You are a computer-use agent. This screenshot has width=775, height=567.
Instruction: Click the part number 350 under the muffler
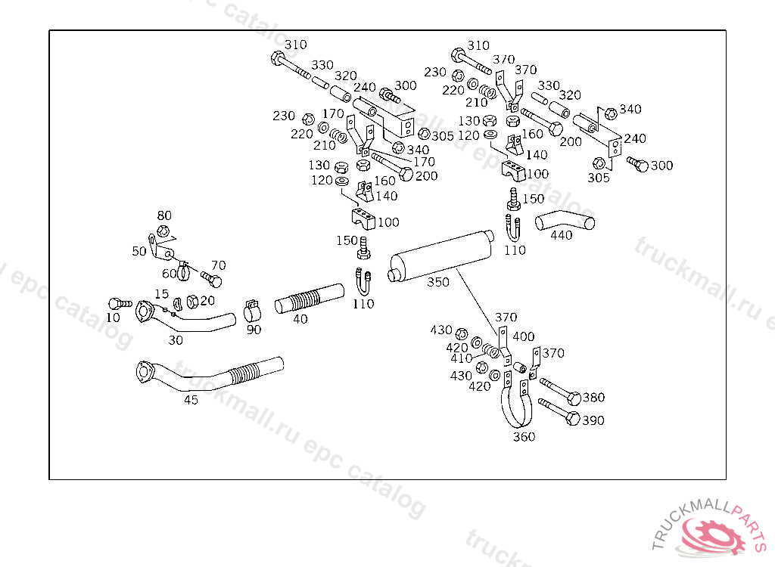pos(437,282)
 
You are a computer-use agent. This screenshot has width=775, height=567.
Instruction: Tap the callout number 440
pos(561,234)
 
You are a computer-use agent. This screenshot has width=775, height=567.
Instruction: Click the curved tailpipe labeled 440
pos(565,222)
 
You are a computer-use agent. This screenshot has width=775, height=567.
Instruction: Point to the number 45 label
pos(191,400)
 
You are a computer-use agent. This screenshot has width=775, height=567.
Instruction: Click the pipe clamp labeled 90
pos(254,311)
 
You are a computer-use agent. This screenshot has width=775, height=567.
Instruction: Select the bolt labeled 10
pos(116,303)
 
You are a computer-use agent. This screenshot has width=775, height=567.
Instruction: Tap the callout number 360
pos(524,436)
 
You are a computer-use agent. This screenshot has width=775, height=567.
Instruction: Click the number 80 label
pos(164,216)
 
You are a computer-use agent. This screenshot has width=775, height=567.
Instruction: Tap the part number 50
pos(139,251)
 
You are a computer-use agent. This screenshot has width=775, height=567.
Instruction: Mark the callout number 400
pos(523,336)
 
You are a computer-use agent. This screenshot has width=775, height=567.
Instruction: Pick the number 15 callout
pos(162,293)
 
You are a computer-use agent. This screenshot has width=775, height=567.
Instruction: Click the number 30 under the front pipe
pos(176,340)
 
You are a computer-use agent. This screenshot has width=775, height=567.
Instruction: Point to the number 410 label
pos(462,358)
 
